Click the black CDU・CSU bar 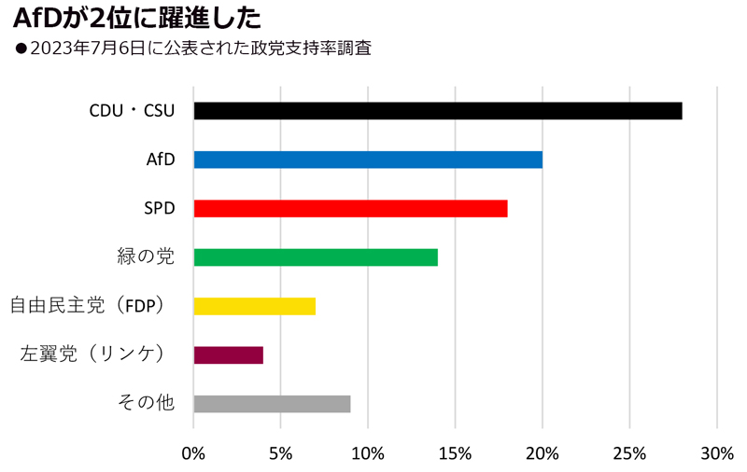pos(437,111)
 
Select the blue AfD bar pos(368,160)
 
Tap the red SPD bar pos(350,208)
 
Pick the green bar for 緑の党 pos(316,257)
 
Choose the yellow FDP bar pos(254,306)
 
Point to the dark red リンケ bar pos(228,354)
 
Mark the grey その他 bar pos(272,403)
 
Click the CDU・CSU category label pos(132,111)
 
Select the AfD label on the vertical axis pos(160,160)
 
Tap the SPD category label pos(158,208)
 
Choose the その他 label pos(146,403)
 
